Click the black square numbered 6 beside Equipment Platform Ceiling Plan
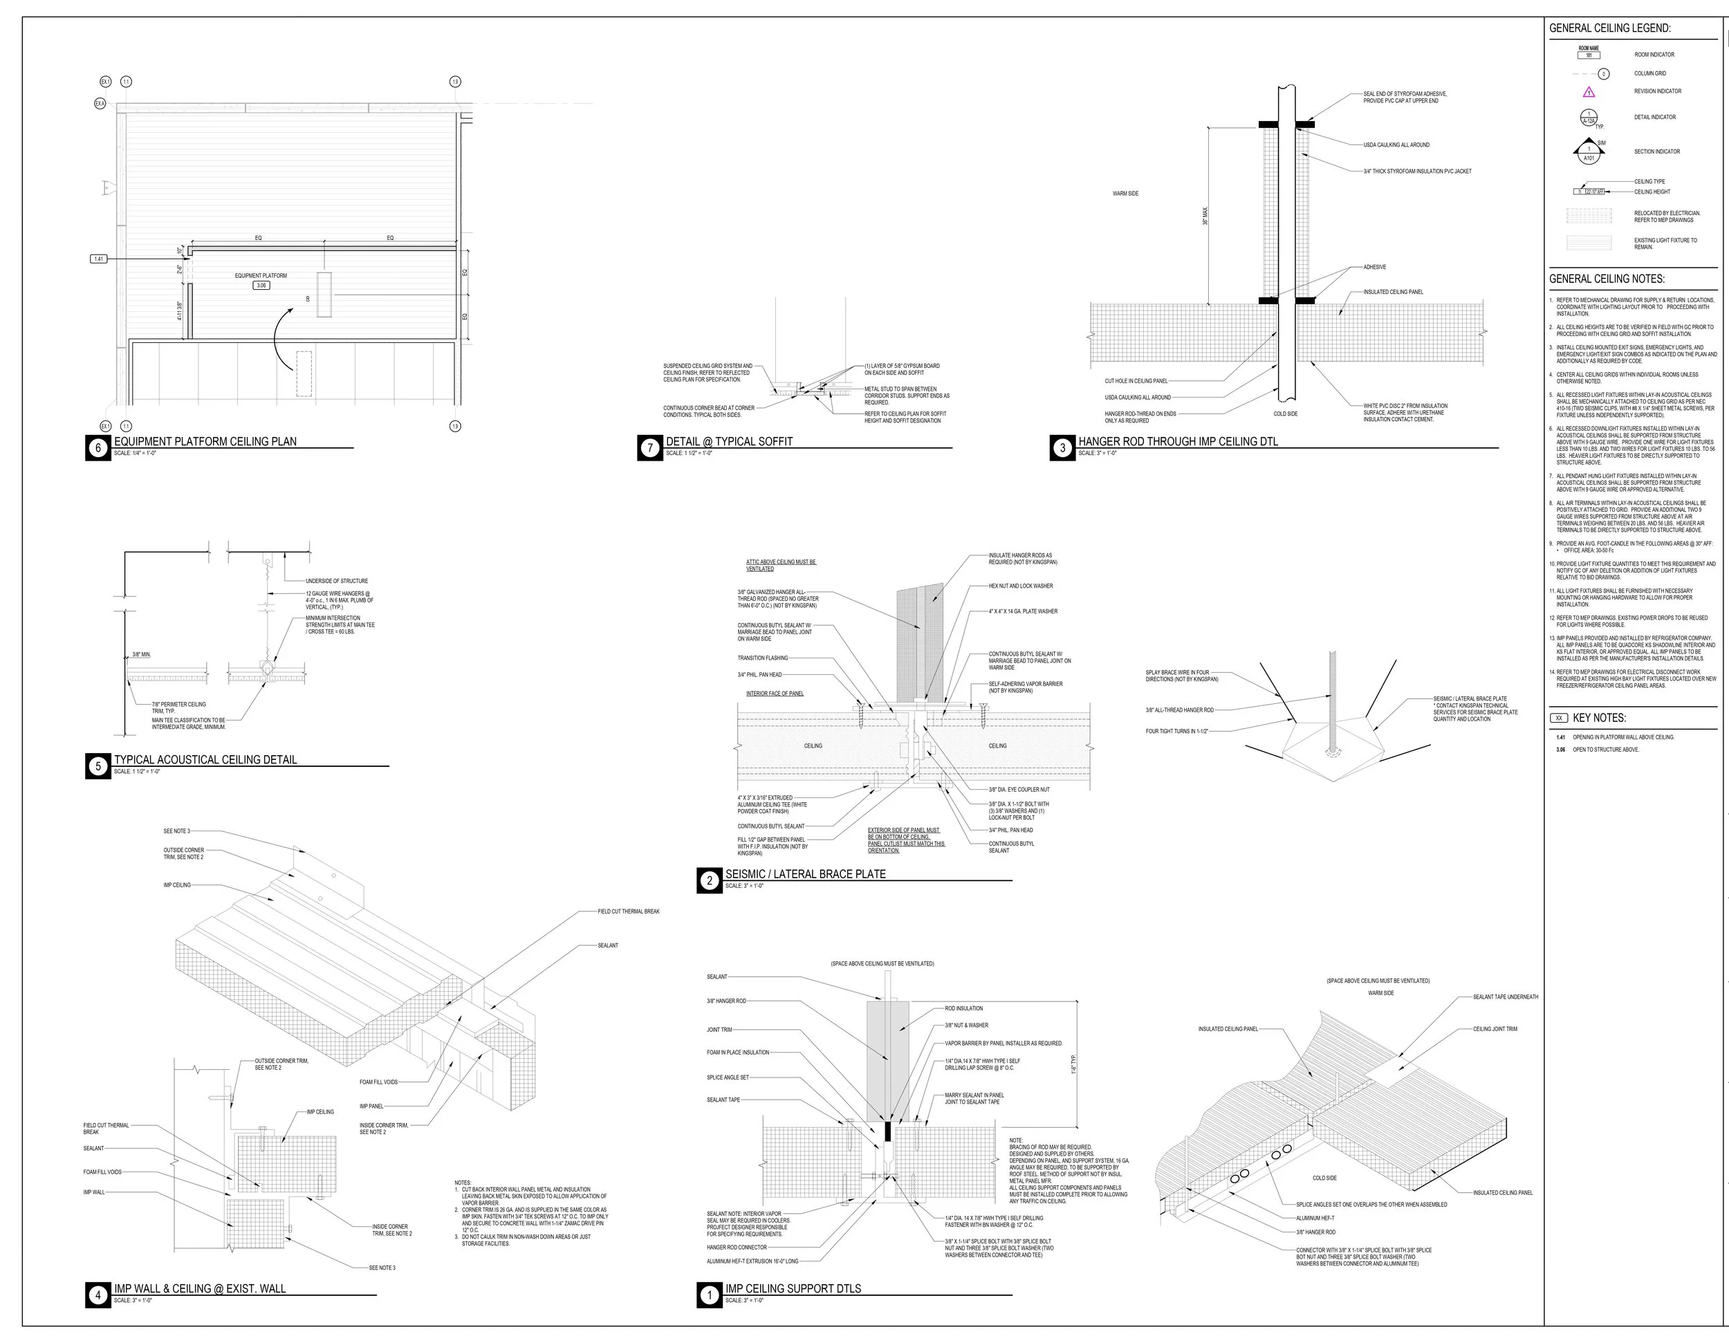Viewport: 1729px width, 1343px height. tap(98, 448)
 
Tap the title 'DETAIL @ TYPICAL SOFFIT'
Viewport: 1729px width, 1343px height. tap(728, 442)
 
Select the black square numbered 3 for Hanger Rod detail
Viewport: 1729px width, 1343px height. tap(1062, 448)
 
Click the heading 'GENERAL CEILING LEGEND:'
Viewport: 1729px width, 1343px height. tap(1609, 28)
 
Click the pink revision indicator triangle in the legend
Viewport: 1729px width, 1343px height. tap(1588, 92)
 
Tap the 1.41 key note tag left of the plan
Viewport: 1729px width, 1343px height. tap(99, 259)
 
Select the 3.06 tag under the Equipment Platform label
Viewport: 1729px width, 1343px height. tap(261, 285)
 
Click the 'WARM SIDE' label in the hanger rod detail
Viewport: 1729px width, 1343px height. tap(1125, 194)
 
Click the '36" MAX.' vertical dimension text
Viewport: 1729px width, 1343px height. tap(1205, 216)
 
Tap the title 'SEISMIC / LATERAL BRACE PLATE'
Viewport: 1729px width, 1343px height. tap(805, 873)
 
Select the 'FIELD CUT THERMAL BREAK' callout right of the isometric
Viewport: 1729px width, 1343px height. tap(628, 911)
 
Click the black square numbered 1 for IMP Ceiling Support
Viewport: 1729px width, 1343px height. tap(708, 1295)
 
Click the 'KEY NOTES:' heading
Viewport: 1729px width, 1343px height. tap(1598, 718)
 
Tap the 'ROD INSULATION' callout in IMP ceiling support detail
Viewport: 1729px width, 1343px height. tap(963, 1008)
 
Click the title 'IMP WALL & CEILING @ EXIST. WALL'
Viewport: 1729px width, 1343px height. tap(199, 1288)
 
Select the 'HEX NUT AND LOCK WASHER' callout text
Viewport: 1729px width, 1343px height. tap(1021, 586)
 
